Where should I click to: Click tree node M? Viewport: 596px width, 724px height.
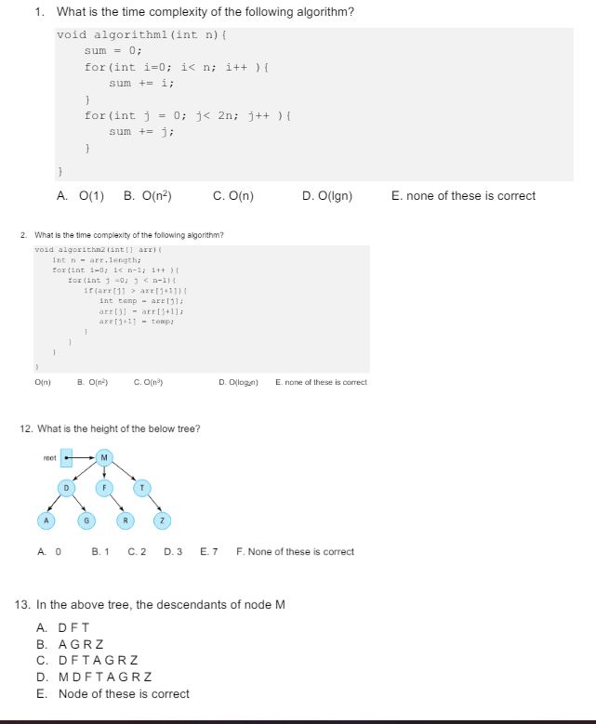tap(104, 457)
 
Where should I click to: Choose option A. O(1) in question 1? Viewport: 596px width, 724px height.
tap(80, 196)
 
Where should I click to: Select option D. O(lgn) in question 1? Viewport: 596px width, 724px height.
tap(327, 196)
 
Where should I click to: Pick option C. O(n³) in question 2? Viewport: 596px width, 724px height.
tap(150, 382)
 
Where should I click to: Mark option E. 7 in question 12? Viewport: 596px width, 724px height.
tap(208, 552)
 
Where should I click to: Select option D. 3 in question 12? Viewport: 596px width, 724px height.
tap(173, 552)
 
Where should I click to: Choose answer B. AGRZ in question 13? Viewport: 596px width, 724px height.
tap(71, 644)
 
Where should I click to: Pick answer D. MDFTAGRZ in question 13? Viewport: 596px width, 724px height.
tap(94, 678)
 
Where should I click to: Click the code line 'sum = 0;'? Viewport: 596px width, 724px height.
tap(113, 51)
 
